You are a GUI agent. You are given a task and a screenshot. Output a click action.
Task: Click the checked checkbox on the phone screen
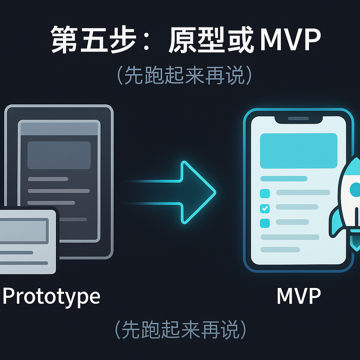[x=265, y=208]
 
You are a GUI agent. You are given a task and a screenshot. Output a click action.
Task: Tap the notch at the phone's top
[x=298, y=119]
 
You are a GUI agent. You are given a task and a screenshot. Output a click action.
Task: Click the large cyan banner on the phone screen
[x=298, y=151]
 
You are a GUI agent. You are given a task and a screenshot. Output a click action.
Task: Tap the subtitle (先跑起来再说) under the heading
[x=185, y=76]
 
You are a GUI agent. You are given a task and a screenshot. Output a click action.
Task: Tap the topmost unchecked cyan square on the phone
[x=265, y=193]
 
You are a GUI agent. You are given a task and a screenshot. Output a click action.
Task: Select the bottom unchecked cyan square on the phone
[x=265, y=223]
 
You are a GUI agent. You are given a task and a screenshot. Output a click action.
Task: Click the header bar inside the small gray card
[x=24, y=231]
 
